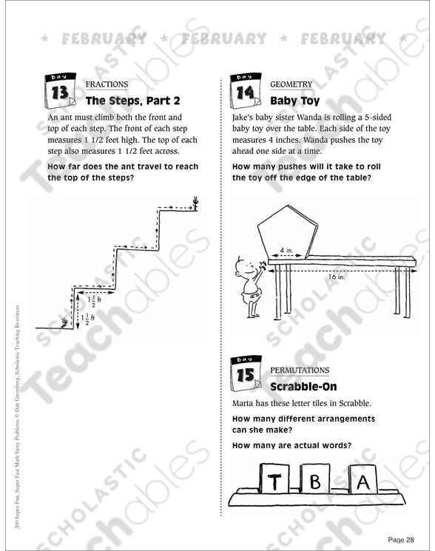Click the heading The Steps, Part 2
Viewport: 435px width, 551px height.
point(132,100)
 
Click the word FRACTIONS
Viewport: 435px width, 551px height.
point(107,84)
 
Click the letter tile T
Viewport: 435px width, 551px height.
point(275,482)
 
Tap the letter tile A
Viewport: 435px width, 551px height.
point(362,482)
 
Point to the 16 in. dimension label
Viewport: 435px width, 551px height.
point(337,277)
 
